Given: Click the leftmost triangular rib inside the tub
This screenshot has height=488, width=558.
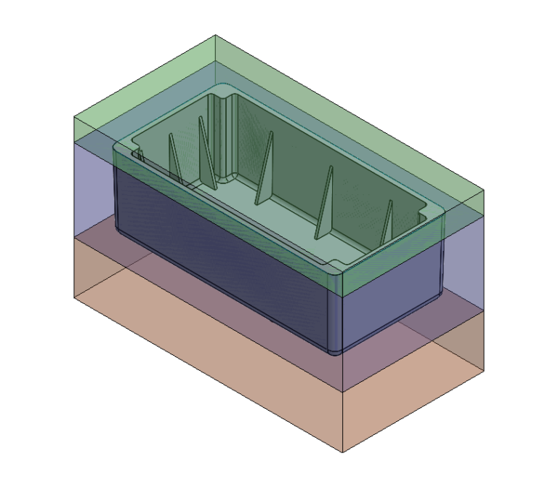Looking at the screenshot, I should [x=173, y=156].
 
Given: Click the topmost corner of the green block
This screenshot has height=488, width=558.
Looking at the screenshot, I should [x=216, y=35].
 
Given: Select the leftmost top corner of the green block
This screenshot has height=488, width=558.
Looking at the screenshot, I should [x=74, y=116].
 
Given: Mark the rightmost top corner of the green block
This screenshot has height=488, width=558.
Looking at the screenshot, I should [x=484, y=191].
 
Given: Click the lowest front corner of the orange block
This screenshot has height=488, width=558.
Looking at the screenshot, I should [x=342, y=452].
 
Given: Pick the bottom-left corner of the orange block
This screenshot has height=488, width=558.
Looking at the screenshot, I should [x=74, y=297].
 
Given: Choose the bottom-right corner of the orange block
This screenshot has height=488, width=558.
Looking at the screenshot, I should [x=484, y=370].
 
